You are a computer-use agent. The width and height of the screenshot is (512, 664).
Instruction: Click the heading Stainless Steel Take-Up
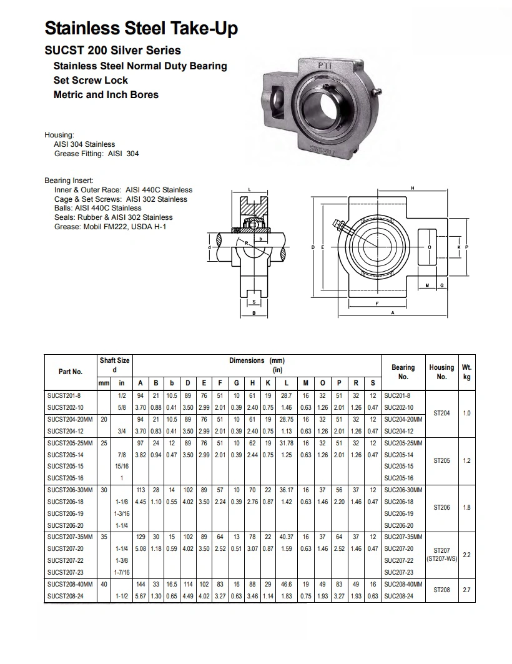coord(141,28)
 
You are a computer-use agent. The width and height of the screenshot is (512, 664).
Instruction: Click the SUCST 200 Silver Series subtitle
coord(112,50)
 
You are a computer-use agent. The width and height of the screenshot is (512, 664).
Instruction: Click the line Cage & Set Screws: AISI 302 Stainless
coord(121,199)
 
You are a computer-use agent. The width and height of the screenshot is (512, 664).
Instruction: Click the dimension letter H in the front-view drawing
coord(413,188)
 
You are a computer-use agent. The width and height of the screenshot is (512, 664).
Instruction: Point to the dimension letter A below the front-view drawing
coord(392,314)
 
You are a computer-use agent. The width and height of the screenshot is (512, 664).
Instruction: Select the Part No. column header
coord(71,372)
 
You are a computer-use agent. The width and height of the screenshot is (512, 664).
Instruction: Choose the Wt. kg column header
coord(466,372)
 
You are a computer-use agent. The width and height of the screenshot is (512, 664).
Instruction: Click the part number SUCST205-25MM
coord(70,443)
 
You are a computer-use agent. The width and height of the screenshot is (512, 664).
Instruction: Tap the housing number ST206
coord(441,508)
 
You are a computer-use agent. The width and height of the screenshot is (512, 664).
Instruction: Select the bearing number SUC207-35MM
coord(403,537)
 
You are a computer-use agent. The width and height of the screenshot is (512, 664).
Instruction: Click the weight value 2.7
coord(466,590)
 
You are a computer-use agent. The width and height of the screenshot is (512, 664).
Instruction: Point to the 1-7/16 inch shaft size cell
coord(122,572)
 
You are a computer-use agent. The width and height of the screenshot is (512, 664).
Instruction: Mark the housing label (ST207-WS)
coord(441,558)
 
